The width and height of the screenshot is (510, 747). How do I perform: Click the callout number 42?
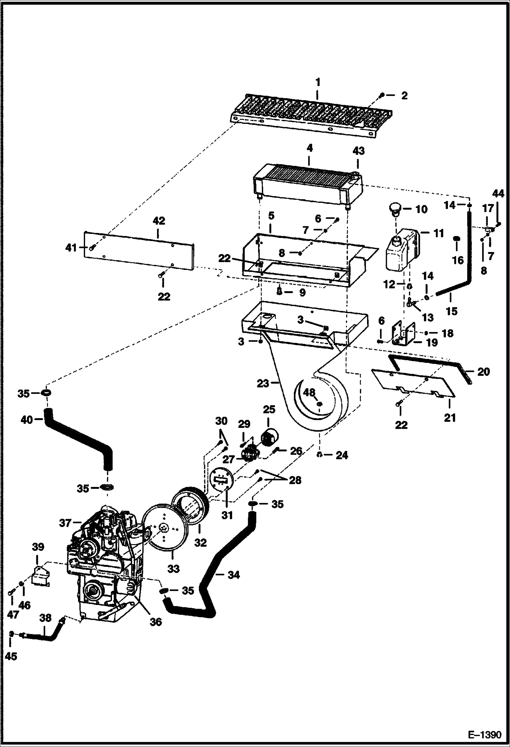[x=159, y=221]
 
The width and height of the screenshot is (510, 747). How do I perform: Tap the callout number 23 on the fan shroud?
[x=263, y=383]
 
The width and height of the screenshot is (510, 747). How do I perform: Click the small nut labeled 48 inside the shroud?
[x=319, y=404]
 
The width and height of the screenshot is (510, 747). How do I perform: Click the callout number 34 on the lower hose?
[x=234, y=575]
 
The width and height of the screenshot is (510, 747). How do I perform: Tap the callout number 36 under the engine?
[x=156, y=622]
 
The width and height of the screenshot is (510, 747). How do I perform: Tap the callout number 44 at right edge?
[x=498, y=194]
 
